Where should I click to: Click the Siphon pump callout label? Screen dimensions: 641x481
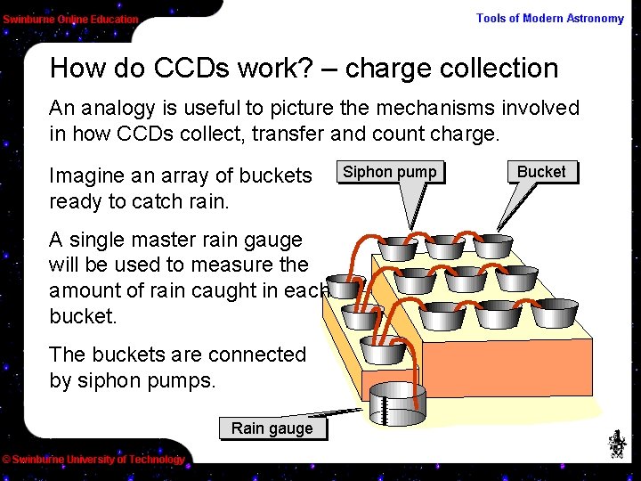click(390, 172)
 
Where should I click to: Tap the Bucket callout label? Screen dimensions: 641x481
click(541, 172)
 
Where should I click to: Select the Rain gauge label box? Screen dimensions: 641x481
click(272, 428)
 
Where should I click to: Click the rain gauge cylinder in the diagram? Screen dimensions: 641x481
click(398, 405)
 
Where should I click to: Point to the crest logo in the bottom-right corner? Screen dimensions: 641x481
click(616, 443)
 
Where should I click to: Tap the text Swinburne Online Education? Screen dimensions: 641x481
click(70, 19)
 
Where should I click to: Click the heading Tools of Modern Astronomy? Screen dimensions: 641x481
click(550, 18)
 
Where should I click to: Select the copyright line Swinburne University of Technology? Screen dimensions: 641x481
click(93, 460)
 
